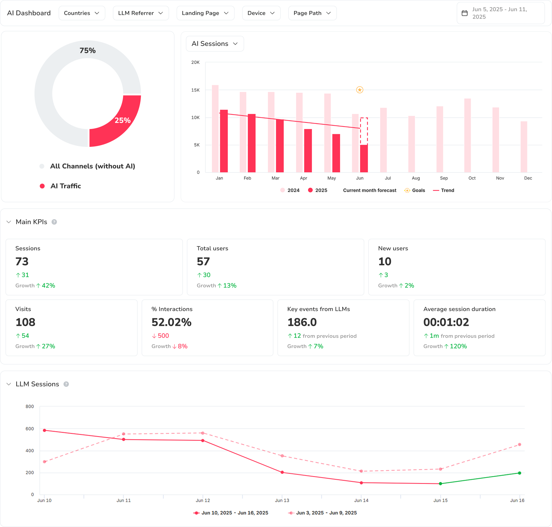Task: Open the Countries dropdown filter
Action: click(82, 13)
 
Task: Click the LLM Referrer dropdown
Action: click(141, 13)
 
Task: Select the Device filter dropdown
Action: click(261, 13)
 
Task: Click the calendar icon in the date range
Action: click(465, 13)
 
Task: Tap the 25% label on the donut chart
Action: click(122, 120)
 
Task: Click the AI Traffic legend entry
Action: click(65, 186)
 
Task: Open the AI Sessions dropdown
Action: click(215, 44)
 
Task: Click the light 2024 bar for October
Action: click(467, 135)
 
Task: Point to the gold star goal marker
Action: click(360, 90)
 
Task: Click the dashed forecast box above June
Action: click(364, 131)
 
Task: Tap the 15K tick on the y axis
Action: click(195, 90)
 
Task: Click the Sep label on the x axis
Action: click(444, 178)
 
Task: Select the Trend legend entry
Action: click(447, 191)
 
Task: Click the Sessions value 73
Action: click(22, 262)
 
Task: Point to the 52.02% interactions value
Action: click(171, 322)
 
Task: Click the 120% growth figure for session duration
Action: click(458, 347)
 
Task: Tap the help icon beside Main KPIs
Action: click(54, 222)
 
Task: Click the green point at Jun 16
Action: click(519, 473)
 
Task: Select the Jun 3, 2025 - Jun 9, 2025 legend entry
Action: click(326, 513)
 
